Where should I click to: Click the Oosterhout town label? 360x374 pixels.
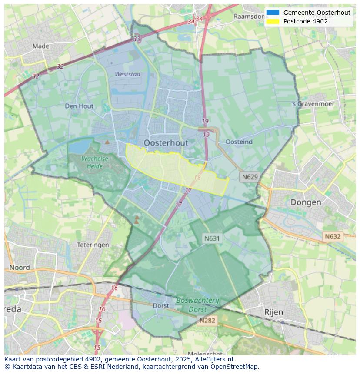click(x=166, y=142)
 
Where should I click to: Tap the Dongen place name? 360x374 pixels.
click(x=306, y=202)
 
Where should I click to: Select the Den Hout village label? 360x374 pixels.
click(x=79, y=106)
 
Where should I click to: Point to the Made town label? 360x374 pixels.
click(x=41, y=46)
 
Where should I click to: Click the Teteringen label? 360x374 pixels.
click(x=93, y=245)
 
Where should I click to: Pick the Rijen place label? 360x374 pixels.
click(x=273, y=312)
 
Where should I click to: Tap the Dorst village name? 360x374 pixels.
click(x=161, y=305)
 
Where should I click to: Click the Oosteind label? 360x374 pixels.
click(x=239, y=142)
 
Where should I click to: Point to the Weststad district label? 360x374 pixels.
click(x=127, y=74)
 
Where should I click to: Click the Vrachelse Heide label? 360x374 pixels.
click(x=94, y=162)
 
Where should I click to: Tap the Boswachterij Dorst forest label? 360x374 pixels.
click(x=198, y=305)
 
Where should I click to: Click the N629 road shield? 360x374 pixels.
click(x=250, y=177)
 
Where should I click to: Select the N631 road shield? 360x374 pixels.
click(x=212, y=238)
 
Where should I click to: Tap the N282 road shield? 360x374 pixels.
click(x=207, y=321)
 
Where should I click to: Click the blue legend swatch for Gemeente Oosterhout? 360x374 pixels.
click(x=273, y=13)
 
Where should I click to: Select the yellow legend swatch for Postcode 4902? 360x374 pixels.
click(x=273, y=21)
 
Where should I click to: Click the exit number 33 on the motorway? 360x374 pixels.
click(x=137, y=39)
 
